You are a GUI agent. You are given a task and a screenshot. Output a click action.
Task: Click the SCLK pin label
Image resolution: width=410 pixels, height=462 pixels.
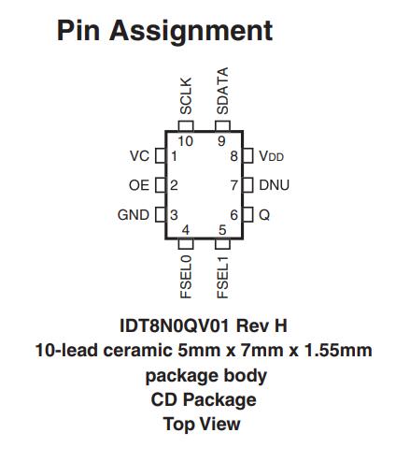(x=186, y=96)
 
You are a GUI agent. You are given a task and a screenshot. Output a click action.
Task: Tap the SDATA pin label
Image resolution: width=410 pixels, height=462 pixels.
(x=222, y=91)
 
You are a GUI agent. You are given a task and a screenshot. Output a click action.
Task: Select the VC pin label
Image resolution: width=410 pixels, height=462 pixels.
(x=139, y=156)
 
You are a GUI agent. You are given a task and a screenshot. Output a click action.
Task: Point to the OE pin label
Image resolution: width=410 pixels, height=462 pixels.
(x=139, y=185)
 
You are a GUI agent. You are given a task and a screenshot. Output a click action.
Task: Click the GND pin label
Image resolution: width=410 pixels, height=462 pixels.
(x=134, y=215)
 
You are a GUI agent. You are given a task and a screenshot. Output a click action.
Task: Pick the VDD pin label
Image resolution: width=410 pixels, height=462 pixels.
(x=271, y=156)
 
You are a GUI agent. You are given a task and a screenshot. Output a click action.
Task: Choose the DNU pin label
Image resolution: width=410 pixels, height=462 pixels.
(x=274, y=185)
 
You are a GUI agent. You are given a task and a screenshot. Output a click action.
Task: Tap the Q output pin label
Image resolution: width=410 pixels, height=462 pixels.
(x=264, y=215)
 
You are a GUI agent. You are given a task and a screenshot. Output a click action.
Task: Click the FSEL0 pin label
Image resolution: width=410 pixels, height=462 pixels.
(x=186, y=277)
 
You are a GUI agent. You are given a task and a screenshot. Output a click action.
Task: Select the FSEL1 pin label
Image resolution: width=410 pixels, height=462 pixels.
(x=222, y=277)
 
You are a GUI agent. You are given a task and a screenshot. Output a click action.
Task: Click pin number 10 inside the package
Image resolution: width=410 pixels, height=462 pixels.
(x=186, y=141)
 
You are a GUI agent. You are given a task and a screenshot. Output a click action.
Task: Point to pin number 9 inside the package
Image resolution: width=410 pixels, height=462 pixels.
(x=221, y=141)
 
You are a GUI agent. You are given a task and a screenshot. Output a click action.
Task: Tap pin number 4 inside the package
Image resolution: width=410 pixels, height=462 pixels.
(x=186, y=230)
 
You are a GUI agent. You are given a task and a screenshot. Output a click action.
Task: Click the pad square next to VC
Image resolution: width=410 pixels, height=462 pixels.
(x=160, y=155)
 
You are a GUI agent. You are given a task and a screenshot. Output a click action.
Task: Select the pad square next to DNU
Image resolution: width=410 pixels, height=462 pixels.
(x=247, y=185)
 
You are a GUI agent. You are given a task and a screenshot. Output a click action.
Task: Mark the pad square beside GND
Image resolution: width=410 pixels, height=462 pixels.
(x=160, y=215)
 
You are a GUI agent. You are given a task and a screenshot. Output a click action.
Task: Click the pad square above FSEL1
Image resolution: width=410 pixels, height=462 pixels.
(x=222, y=243)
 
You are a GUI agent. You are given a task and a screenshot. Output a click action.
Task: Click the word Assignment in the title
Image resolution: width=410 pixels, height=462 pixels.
(x=191, y=31)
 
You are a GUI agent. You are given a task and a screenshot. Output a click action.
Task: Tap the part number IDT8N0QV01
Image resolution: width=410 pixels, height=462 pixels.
(x=175, y=325)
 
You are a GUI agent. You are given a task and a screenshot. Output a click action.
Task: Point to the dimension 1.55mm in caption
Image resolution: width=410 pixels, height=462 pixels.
(x=338, y=351)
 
